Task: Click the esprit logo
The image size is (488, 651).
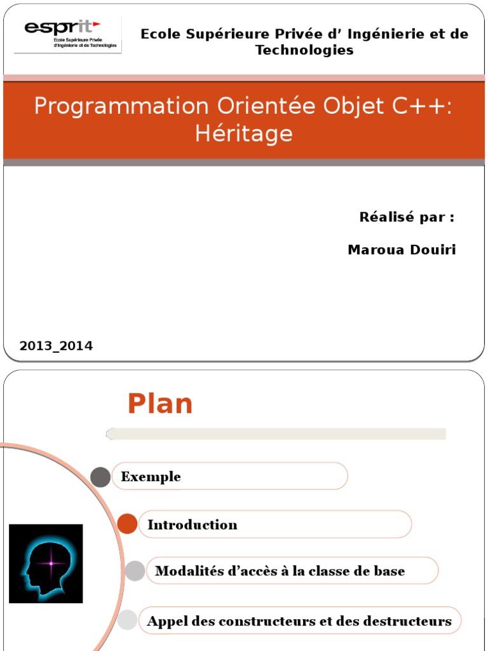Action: (x=67, y=36)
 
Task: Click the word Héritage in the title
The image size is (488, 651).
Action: (x=244, y=134)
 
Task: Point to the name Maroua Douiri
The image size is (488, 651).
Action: (x=402, y=250)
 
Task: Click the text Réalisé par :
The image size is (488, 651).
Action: (x=407, y=217)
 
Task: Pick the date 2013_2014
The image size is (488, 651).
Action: (x=56, y=346)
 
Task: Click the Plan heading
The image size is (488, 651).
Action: (x=160, y=404)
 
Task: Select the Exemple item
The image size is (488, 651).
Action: (x=151, y=477)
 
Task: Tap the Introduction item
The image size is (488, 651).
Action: (x=193, y=524)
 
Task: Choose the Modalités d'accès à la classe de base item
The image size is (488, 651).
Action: (x=280, y=571)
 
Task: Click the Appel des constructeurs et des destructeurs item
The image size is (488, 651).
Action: (x=299, y=621)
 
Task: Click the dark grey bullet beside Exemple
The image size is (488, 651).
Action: (x=100, y=477)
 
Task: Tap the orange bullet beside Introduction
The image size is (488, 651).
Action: (x=128, y=524)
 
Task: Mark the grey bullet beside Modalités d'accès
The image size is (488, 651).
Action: (x=135, y=571)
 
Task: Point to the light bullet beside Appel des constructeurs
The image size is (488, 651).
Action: (x=128, y=620)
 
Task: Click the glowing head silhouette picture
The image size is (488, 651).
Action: (x=46, y=563)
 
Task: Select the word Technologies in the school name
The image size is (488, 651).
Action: (x=304, y=50)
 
